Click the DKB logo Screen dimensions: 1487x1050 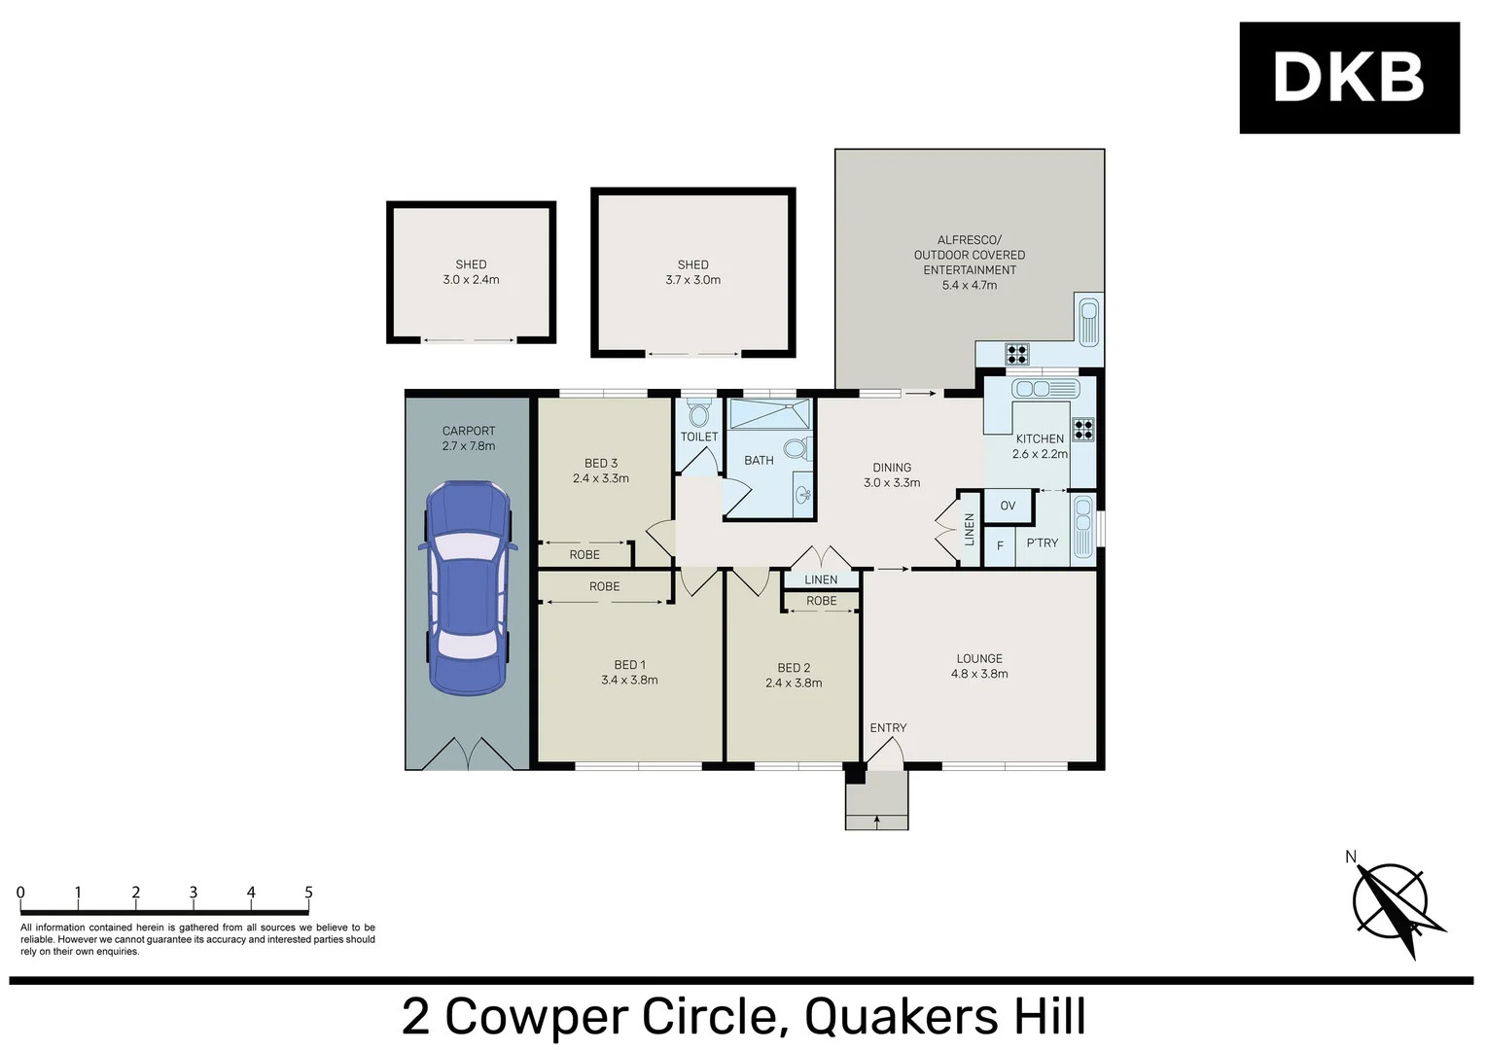click(1349, 78)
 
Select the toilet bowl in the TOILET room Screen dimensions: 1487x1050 click(697, 413)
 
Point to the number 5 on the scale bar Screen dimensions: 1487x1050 click(308, 892)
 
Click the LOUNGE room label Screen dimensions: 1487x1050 click(979, 658)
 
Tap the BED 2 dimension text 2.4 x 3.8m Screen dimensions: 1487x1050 click(794, 682)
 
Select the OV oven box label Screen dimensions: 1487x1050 click(1008, 506)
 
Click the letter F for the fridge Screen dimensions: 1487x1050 click(1000, 546)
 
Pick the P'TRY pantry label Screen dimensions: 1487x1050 click(1043, 542)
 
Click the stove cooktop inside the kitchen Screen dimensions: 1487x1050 click(1082, 430)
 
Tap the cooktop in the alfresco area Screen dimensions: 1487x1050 click(1017, 354)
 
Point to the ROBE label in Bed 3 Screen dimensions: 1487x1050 click(584, 555)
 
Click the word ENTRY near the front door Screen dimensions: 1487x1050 click(888, 728)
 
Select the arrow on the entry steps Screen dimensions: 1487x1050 click(877, 822)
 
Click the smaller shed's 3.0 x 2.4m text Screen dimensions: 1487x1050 click(471, 280)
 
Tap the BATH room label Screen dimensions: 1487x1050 click(759, 461)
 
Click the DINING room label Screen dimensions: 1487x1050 click(892, 468)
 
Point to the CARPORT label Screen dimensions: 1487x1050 click(469, 432)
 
